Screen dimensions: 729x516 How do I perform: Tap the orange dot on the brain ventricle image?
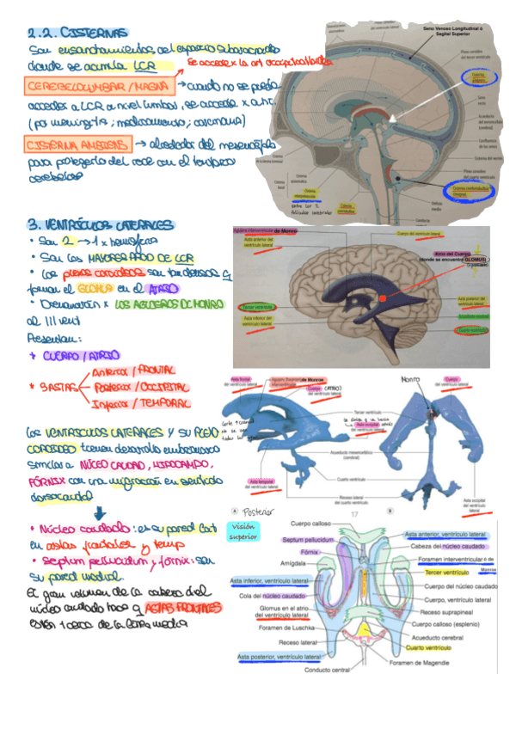click(x=383, y=298)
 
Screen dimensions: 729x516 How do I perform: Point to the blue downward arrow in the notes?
click(x=101, y=511)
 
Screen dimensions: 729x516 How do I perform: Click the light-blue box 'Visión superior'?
click(x=237, y=531)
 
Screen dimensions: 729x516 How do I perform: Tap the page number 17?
click(x=353, y=513)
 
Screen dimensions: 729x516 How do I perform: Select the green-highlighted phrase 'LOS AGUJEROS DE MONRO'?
click(x=167, y=306)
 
